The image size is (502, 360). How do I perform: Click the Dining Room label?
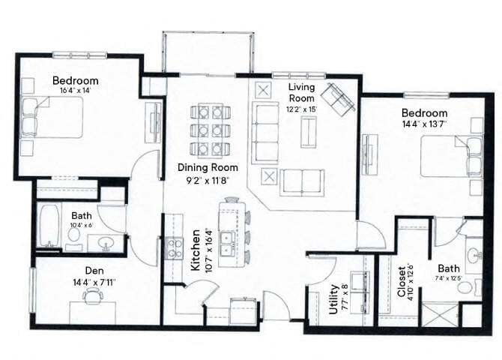tap(208, 167)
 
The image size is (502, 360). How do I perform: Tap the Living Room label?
tap(301, 92)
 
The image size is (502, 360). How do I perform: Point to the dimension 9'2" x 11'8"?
tap(208, 181)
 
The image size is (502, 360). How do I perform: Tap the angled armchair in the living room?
tap(339, 98)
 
